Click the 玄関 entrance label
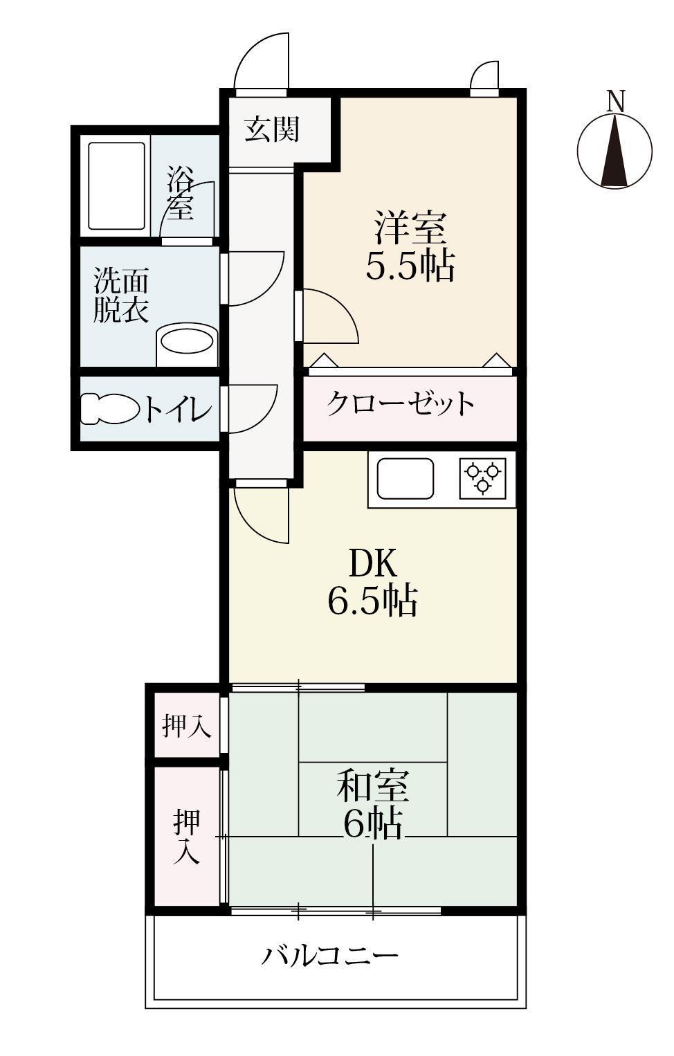pos(272,129)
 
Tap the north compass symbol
pos(614,150)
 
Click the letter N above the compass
pos(615,101)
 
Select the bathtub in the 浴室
pos(116,185)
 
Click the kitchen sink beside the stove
pos(405,478)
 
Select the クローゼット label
pos(401,403)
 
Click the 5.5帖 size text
pos(410,265)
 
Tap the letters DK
pos(373,564)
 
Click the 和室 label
pos(373,787)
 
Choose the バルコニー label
pos(330,956)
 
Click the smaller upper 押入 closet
pos(186,726)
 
